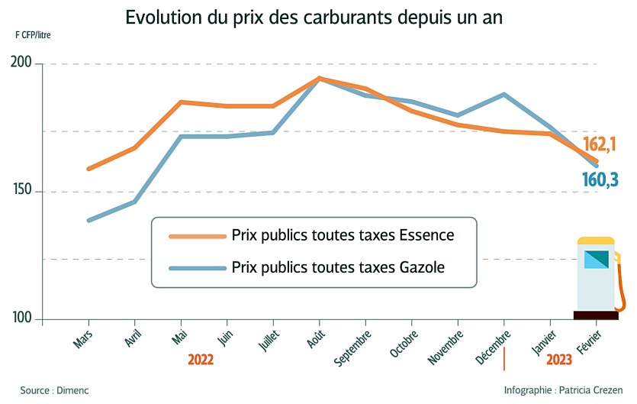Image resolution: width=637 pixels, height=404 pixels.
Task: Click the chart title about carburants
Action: click(x=314, y=18)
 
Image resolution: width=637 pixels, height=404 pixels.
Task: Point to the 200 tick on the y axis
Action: click(x=22, y=63)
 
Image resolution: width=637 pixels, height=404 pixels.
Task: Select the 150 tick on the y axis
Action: click(x=22, y=191)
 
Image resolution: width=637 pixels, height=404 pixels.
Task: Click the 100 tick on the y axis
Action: click(x=22, y=319)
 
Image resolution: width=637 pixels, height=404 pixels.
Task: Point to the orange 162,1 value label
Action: click(x=600, y=144)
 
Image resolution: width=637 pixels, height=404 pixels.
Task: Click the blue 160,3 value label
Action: click(x=600, y=179)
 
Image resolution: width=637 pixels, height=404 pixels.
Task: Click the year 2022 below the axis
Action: click(x=200, y=360)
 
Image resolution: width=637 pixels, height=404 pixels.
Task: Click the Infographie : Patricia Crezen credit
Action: click(x=564, y=390)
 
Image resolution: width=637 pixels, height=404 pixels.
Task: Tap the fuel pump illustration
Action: click(x=597, y=279)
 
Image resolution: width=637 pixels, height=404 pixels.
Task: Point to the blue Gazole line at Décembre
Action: click(x=504, y=95)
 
